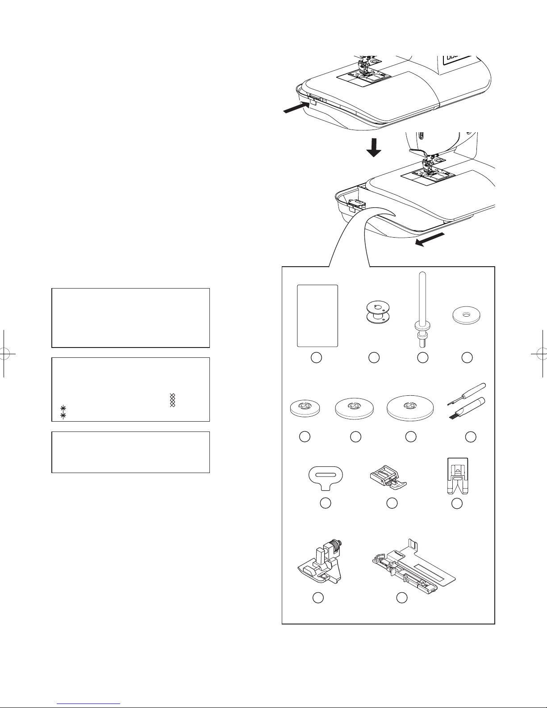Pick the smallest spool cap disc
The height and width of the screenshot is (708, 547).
tap(305, 407)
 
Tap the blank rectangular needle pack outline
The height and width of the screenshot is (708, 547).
tap(317, 315)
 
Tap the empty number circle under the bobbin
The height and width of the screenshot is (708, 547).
tap(374, 357)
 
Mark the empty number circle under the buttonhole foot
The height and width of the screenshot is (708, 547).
tap(402, 597)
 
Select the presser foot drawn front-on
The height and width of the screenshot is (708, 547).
tap(456, 476)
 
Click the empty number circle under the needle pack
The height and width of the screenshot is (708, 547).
tap(316, 357)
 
